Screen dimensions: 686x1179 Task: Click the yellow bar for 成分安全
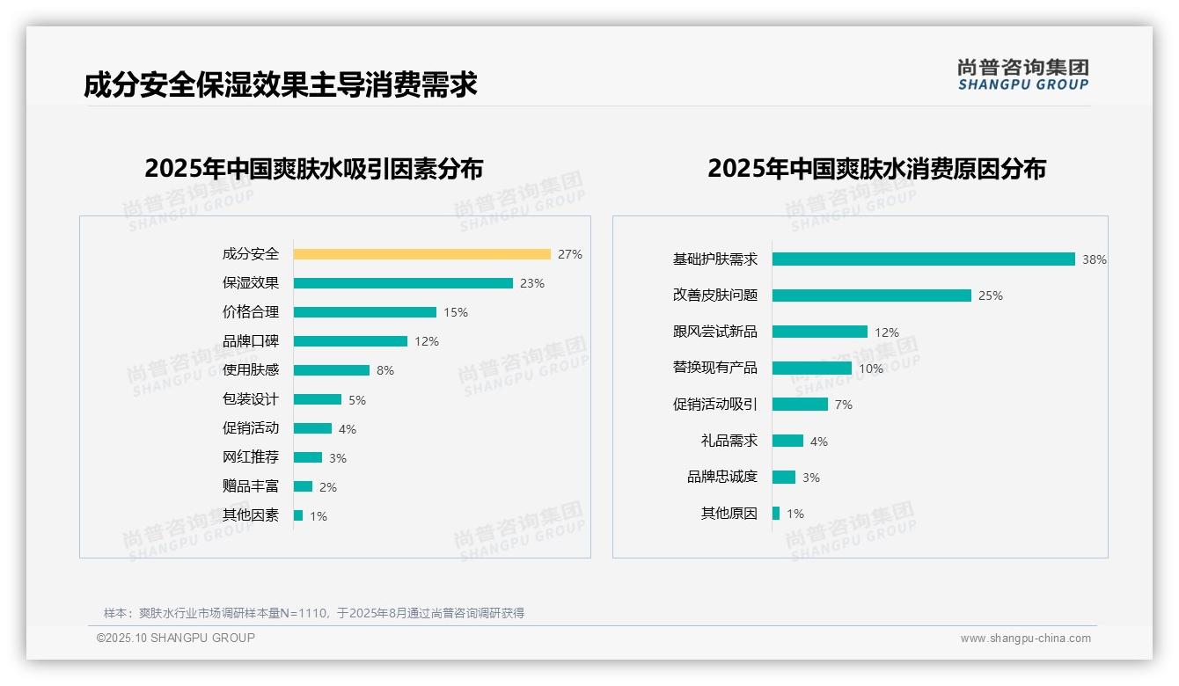(421, 254)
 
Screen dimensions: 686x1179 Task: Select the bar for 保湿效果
(403, 283)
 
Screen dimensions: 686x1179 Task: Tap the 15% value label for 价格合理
(456, 312)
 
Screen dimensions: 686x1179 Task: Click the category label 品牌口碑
(251, 341)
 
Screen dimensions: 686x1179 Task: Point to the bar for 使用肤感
(332, 370)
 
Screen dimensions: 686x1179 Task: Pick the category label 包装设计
(251, 399)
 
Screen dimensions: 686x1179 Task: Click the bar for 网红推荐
(308, 457)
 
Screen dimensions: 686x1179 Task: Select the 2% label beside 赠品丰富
(328, 487)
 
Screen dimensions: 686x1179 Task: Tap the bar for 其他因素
(298, 515)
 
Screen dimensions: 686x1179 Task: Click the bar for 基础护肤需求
(924, 259)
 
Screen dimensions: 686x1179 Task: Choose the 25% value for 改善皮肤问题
(991, 296)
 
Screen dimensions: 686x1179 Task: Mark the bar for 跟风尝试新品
(820, 332)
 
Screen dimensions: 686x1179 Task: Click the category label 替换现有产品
(715, 368)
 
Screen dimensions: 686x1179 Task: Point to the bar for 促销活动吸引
(801, 404)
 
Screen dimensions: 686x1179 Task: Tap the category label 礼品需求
(729, 441)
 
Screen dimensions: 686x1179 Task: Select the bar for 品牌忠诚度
(784, 477)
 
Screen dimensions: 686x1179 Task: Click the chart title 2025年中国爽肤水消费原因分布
(876, 169)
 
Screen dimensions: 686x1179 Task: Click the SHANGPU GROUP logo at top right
(1023, 75)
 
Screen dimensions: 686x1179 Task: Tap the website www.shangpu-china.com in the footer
(1025, 639)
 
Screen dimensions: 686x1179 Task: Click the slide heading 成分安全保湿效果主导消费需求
(281, 85)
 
